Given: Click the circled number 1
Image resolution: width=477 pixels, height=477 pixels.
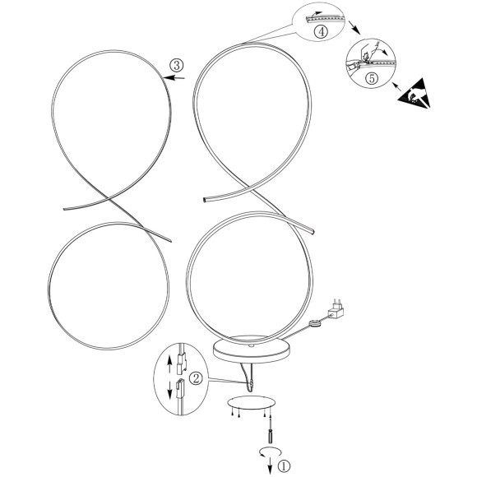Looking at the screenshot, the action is click(x=284, y=465).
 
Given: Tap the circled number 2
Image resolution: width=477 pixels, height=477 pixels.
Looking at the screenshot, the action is click(x=196, y=379).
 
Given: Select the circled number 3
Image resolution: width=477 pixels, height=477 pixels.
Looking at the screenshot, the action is click(x=177, y=65).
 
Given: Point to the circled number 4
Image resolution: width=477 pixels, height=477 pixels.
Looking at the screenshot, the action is click(x=321, y=31).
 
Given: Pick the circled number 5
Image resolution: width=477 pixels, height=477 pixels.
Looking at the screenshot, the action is click(x=372, y=78).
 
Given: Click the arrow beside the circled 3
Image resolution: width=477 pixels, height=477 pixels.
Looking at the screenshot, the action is click(x=174, y=78).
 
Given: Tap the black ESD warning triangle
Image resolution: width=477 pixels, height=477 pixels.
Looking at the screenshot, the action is click(x=415, y=93).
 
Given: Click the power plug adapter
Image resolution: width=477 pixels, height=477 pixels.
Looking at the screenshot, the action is click(x=336, y=308).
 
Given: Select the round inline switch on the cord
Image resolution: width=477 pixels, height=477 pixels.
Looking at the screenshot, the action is click(x=315, y=323).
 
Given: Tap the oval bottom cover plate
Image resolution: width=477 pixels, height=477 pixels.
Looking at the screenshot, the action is click(x=252, y=403).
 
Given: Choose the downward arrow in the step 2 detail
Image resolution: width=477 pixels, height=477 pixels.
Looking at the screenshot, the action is click(x=169, y=390).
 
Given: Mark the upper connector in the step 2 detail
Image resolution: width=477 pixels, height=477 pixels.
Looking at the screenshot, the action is click(x=181, y=364).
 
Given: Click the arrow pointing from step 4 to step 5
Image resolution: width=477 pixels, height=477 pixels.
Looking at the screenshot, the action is click(x=354, y=27).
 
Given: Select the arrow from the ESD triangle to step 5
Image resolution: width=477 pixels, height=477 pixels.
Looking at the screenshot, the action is click(x=396, y=86).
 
